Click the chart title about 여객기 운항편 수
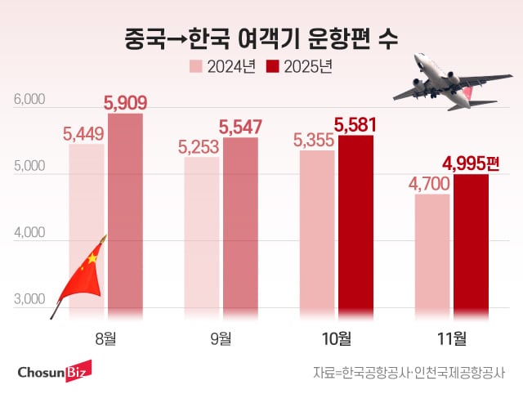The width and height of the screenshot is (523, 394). click(x=261, y=38)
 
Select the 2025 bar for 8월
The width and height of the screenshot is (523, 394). click(x=125, y=213)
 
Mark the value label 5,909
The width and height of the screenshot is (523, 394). click(x=125, y=104)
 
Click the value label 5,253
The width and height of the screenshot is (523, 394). click(x=199, y=147)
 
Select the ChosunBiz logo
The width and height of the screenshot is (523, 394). click(x=54, y=372)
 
